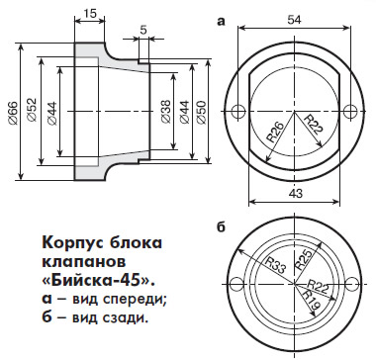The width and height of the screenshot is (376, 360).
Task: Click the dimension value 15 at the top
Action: (x=90, y=13)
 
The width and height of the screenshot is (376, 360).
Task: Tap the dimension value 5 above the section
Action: (x=143, y=30)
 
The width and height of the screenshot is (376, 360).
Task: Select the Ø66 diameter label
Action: (x=13, y=113)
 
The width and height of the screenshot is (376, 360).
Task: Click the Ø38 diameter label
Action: (x=166, y=111)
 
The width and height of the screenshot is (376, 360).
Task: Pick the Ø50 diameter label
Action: (x=202, y=112)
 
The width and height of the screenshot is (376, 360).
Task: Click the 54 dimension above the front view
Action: (x=294, y=20)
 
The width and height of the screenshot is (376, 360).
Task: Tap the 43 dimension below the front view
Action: (x=294, y=194)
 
